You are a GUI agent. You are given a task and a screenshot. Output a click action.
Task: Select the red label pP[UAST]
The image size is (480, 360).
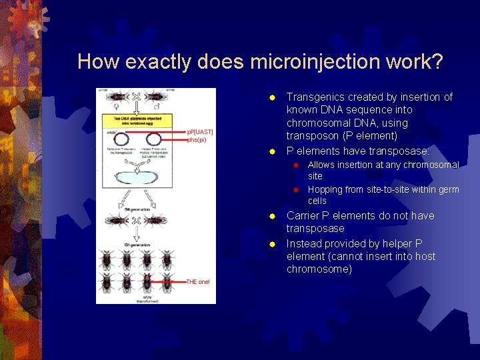(199, 132)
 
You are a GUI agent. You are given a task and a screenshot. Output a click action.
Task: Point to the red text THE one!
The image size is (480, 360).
(197, 281)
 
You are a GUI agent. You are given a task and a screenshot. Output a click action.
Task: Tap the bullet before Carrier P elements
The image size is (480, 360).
(272, 217)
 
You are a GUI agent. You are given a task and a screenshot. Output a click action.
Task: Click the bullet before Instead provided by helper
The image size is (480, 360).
(272, 244)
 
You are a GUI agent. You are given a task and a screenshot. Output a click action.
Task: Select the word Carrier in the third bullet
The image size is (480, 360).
(303, 215)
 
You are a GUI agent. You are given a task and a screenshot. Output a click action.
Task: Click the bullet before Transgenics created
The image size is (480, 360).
(272, 98)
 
